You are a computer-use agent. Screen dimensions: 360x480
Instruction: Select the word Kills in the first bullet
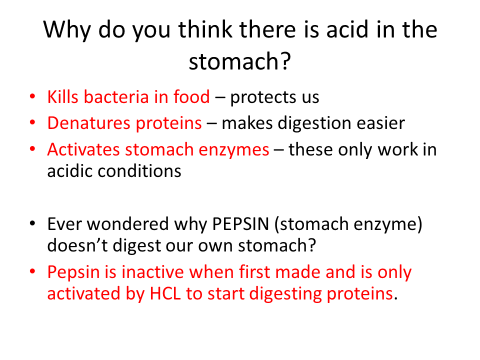coord(63,96)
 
